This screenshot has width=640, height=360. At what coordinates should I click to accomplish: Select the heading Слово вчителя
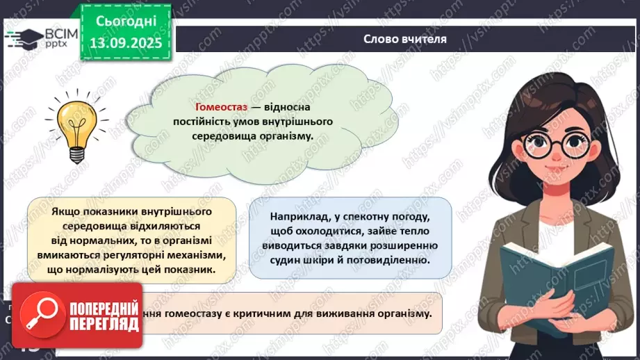(x=404, y=39)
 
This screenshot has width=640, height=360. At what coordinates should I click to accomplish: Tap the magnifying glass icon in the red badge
(x=40, y=319)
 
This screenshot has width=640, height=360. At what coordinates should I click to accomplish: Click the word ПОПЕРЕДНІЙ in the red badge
(x=101, y=309)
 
